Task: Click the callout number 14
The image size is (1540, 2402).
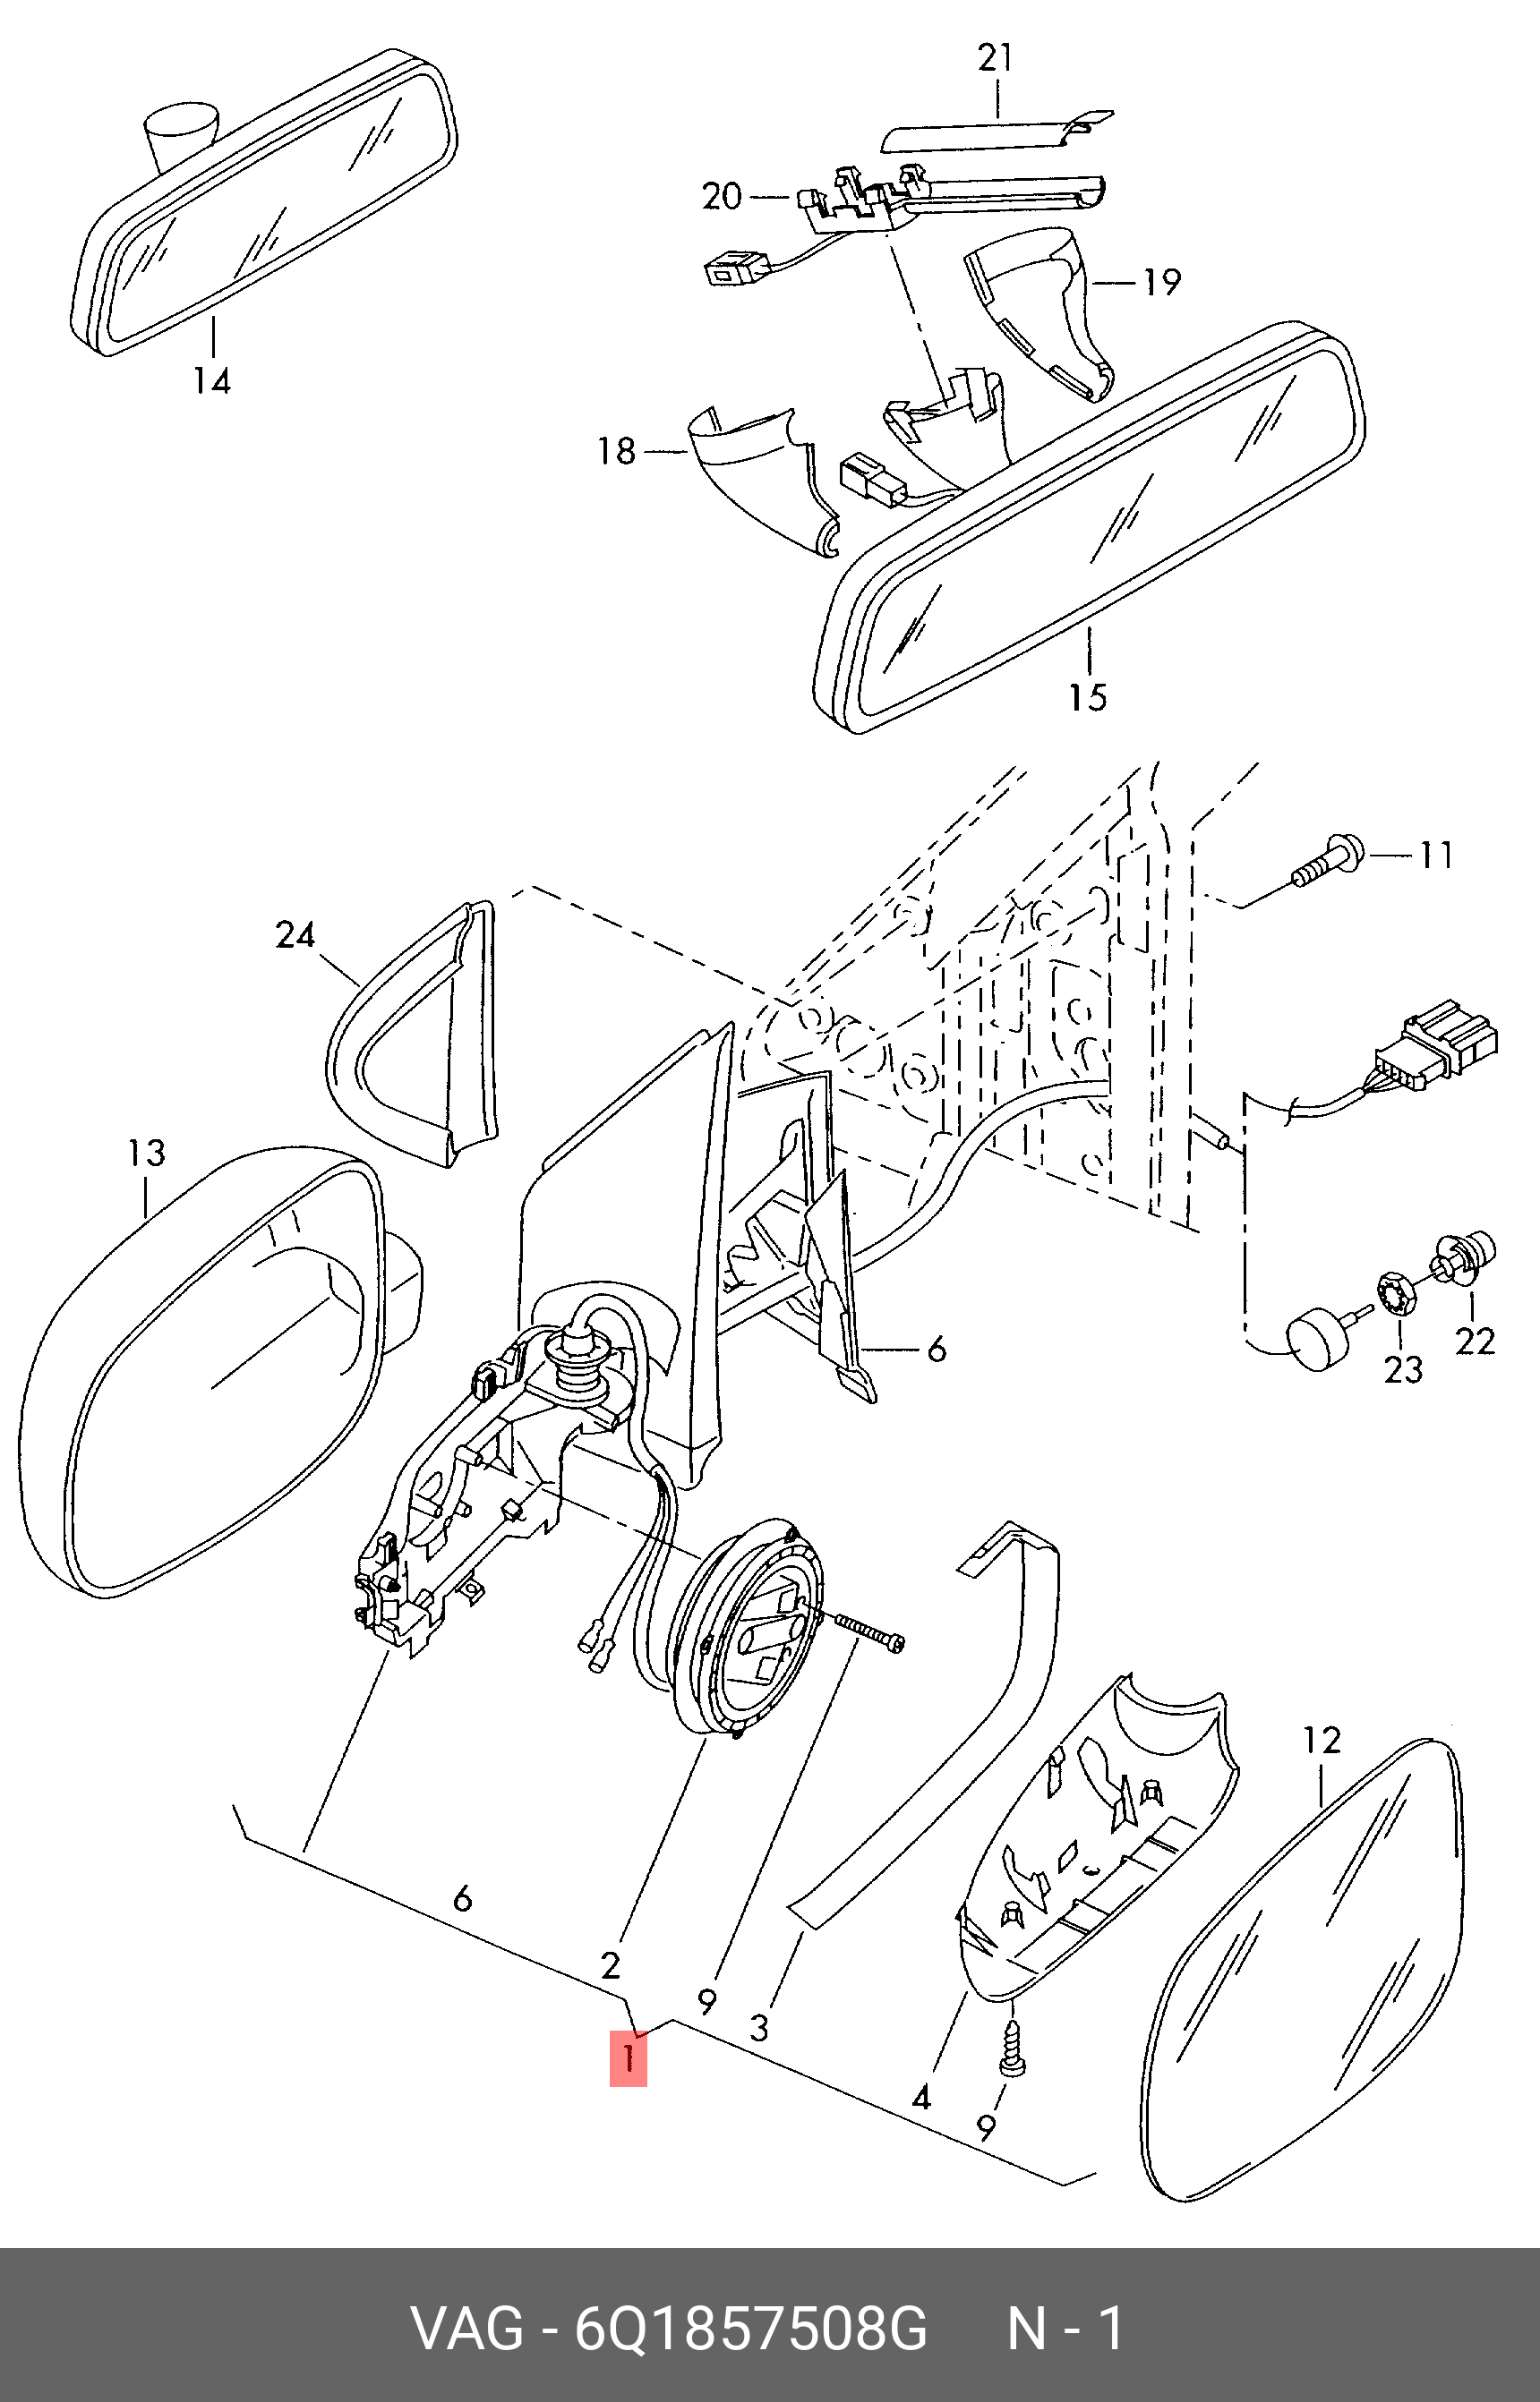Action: pos(212,381)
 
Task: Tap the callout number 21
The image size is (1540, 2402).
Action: pos(995,58)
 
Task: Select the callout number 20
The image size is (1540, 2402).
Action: pos(722,196)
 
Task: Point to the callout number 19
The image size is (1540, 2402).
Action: pos(1161,282)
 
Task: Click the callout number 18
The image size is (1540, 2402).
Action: pos(617,451)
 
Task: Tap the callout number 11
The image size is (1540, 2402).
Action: pos(1436,856)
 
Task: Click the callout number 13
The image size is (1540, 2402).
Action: pos(146,1153)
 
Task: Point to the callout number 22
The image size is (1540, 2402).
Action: pos(1475,1341)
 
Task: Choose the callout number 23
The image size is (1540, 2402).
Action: pos(1403,1368)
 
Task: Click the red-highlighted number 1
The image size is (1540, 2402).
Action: pos(628,2059)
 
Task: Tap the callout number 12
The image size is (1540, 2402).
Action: pos(1322,1741)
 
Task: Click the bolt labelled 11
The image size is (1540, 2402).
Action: pos(1326,861)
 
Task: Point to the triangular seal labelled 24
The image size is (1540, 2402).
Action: pos(412,1034)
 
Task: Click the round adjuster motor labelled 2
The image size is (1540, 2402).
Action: pos(750,1632)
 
